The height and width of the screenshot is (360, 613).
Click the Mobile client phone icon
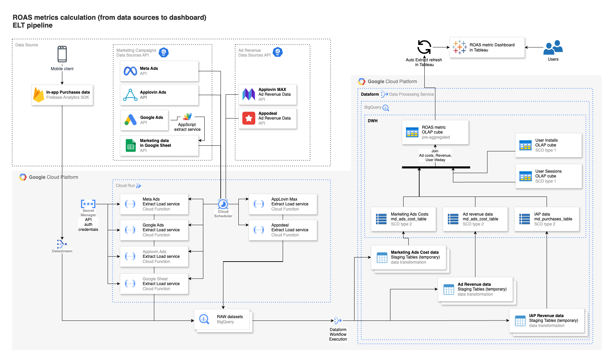[62, 54]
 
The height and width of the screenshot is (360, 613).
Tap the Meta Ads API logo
[130, 71]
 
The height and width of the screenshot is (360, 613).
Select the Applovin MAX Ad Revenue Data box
[267, 94]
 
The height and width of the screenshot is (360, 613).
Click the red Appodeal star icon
[249, 118]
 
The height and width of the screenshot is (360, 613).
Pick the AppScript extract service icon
[187, 117]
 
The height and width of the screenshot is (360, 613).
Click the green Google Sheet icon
[131, 145]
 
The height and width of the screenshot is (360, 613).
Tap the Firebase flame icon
[38, 95]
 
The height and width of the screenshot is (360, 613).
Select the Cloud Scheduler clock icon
[223, 204]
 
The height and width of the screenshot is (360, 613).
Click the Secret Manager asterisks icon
[88, 204]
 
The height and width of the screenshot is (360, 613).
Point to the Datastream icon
[62, 244]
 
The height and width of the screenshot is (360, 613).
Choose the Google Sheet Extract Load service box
[154, 284]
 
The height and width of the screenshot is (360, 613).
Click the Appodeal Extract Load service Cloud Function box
[283, 230]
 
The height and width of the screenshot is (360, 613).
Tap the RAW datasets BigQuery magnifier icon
[204, 319]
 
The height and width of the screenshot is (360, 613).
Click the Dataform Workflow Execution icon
[337, 320]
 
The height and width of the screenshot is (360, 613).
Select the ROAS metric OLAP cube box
[435, 132]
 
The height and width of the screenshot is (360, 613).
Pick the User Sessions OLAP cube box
[548, 176]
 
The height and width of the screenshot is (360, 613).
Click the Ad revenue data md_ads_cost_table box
[475, 219]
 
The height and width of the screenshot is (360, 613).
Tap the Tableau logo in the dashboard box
[459, 47]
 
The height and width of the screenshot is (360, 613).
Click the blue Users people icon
[553, 48]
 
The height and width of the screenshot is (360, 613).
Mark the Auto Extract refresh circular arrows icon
[424, 47]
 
